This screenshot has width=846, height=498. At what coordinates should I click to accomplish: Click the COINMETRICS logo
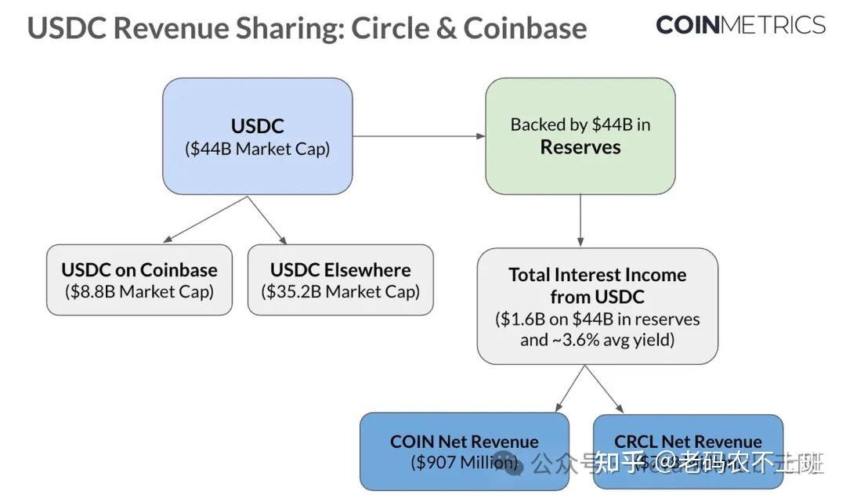[740, 25]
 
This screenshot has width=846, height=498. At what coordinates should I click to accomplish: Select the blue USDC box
[257, 136]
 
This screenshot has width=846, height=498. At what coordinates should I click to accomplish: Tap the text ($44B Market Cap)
[257, 149]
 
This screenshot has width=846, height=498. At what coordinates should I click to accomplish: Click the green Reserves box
[580, 136]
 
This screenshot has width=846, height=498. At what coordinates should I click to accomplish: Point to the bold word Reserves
[580, 147]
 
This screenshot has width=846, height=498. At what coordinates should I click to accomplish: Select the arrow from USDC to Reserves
[418, 136]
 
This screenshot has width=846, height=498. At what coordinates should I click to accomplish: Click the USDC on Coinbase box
[139, 280]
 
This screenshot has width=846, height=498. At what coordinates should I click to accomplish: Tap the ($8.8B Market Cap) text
[139, 291]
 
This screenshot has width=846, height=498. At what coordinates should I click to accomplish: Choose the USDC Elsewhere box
[340, 280]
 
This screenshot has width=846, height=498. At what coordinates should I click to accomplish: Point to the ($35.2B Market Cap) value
[340, 291]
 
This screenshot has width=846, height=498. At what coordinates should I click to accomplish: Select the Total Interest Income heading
[597, 285]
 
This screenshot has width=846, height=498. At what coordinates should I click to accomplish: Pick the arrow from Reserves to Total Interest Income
[580, 221]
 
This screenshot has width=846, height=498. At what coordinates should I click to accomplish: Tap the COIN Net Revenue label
[464, 442]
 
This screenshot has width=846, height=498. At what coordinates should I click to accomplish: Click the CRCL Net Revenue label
[688, 442]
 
